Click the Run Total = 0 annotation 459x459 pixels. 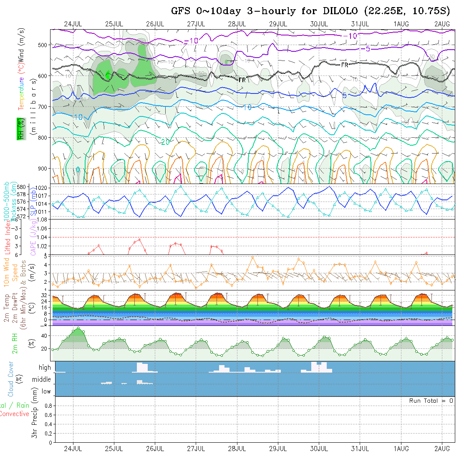(x=431, y=401)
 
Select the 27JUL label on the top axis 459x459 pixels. (x=196, y=23)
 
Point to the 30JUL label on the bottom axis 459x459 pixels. (x=319, y=449)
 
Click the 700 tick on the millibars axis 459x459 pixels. (x=44, y=106)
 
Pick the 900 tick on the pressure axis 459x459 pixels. (x=44, y=169)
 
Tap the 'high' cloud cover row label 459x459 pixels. (x=45, y=368)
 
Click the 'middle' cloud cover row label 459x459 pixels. (x=42, y=380)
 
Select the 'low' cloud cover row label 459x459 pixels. (x=46, y=391)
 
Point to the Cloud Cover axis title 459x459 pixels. (x=11, y=379)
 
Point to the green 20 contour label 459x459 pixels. (x=165, y=142)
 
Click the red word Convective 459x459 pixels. (x=15, y=414)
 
